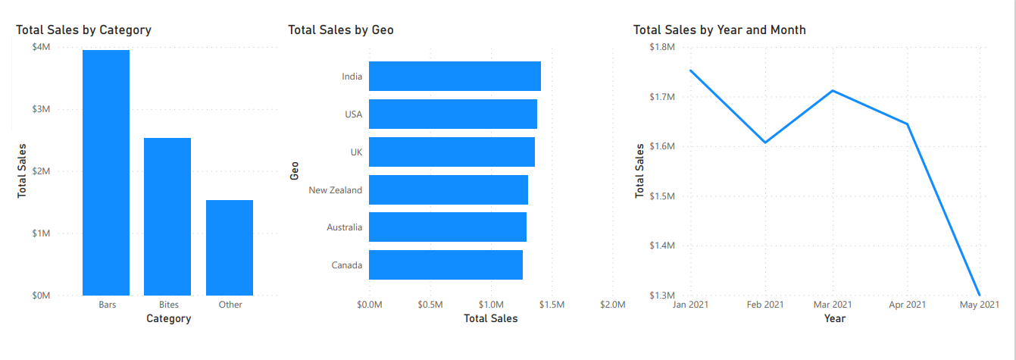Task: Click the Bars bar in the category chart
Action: (106, 172)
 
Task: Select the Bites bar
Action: (167, 216)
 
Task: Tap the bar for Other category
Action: (230, 247)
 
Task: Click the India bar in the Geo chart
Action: (455, 77)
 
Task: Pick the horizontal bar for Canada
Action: (445, 265)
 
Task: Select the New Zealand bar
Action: (448, 189)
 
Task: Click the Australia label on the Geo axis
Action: (344, 227)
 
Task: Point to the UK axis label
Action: (356, 152)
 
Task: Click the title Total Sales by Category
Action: (84, 30)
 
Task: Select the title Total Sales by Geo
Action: (341, 30)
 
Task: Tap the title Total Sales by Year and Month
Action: (719, 30)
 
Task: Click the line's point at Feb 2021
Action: (765, 142)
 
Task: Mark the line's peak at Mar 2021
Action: (833, 91)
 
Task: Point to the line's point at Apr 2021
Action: (907, 124)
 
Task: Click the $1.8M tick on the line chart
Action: (662, 47)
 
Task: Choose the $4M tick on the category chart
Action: (41, 47)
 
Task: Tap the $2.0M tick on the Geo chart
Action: (612, 305)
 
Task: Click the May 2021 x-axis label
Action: (979, 305)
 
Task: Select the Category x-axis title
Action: (168, 319)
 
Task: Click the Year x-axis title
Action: (834, 319)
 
